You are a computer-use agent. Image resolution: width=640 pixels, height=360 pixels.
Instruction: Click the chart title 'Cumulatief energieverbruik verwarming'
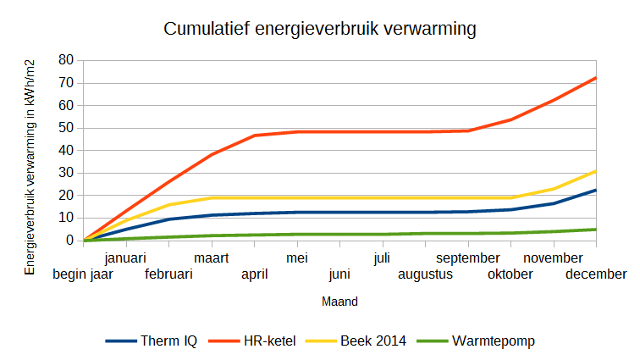click(319, 29)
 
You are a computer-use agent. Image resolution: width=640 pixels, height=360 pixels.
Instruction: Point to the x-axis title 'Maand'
click(339, 301)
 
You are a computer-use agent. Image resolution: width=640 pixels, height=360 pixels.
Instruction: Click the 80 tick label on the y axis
click(65, 61)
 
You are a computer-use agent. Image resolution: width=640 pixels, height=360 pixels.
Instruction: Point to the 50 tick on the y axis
click(65, 128)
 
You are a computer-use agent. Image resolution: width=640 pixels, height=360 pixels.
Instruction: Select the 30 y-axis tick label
click(65, 173)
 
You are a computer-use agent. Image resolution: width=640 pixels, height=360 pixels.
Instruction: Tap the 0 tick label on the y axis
click(69, 241)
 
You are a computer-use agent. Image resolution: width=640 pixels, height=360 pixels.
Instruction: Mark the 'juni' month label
click(339, 274)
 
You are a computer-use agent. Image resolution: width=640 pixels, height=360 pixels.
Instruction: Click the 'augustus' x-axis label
click(425, 274)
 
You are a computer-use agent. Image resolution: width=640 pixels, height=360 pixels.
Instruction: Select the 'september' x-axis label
click(468, 258)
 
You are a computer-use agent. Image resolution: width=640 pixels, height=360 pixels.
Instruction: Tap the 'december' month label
click(596, 274)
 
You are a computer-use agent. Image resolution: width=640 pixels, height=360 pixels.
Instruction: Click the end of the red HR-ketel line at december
click(596, 78)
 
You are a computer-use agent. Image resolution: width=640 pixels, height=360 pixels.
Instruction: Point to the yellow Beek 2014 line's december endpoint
click(596, 171)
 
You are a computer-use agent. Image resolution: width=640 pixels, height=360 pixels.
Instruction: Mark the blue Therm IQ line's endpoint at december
click(596, 190)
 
